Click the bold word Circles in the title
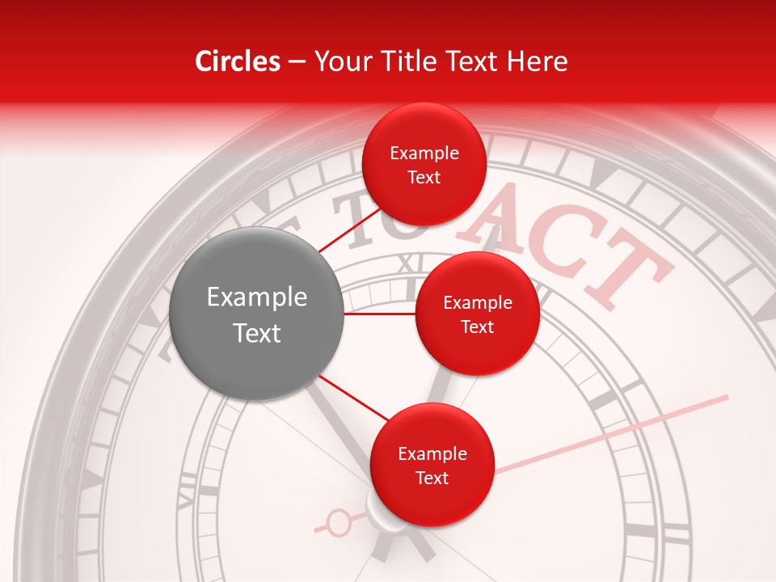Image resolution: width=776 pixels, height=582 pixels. pyautogui.click(x=237, y=61)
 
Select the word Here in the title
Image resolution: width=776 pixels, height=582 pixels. pyautogui.click(x=539, y=61)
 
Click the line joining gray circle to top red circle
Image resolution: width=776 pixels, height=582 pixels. pyautogui.click(x=349, y=231)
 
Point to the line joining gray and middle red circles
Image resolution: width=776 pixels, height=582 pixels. pyautogui.click(x=380, y=313)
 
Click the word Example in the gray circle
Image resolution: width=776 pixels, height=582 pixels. pyautogui.click(x=257, y=297)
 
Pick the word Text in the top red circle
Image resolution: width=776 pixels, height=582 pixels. pyautogui.click(x=424, y=178)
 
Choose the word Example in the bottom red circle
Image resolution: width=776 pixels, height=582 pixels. pyautogui.click(x=432, y=454)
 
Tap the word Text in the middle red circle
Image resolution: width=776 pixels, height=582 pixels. pyautogui.click(x=477, y=327)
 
